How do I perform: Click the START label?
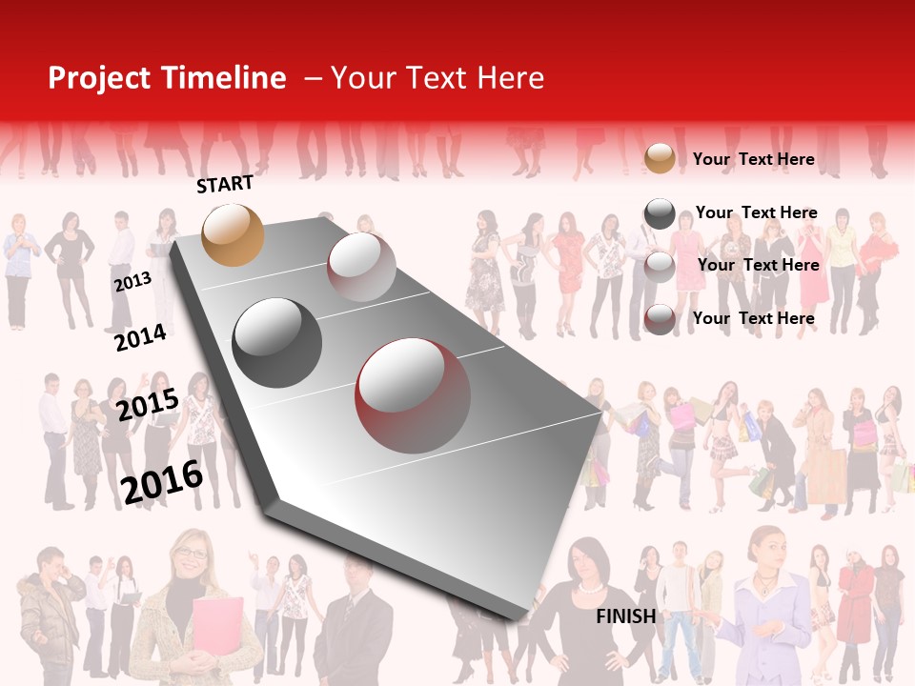[225, 184]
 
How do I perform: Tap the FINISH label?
[625, 616]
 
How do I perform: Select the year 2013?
[132, 282]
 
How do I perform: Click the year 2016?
[162, 482]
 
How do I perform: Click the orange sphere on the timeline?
[233, 234]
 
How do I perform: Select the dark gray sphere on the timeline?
[277, 343]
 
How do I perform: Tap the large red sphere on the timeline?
[413, 395]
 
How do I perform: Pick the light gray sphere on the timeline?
[361, 267]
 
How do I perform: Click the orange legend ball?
[660, 158]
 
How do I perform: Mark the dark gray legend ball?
[660, 213]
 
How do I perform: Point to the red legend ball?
[660, 319]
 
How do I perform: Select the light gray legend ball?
[660, 266]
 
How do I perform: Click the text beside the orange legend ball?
[753, 159]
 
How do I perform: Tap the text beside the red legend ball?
[753, 318]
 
